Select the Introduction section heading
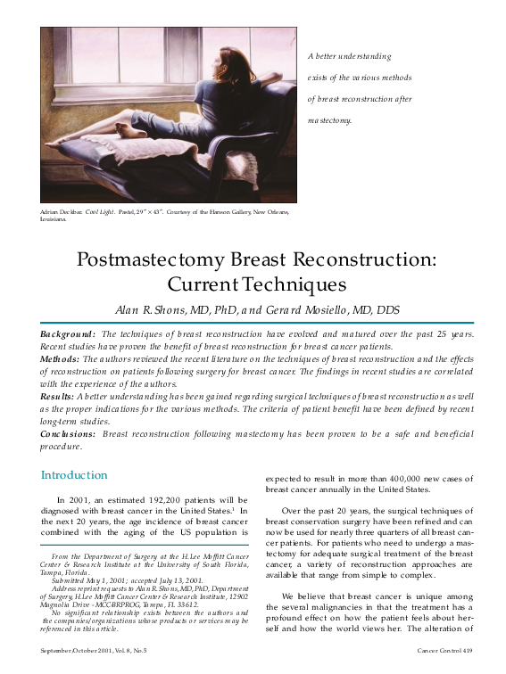pos(74,474)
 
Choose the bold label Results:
pos(58,395)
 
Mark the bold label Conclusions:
pos(69,432)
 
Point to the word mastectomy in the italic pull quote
pos(329,119)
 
